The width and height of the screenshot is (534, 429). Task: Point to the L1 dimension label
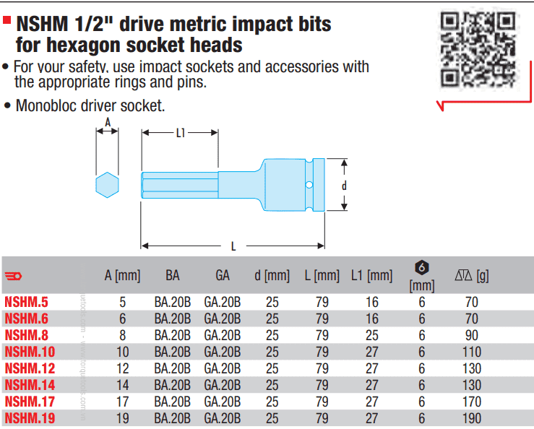point(180,132)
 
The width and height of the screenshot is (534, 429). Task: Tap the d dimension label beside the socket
point(344,186)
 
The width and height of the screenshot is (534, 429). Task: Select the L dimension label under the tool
point(233,247)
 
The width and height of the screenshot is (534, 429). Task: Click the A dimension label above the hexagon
point(108,123)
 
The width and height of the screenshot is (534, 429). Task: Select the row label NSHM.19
point(29,417)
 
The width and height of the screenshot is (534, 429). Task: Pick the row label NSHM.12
point(29,368)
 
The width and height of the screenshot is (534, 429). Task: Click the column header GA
point(222,275)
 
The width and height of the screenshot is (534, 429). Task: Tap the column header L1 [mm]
point(371,275)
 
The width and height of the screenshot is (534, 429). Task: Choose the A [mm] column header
point(122,275)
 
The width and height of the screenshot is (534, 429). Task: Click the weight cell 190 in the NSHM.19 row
point(472,417)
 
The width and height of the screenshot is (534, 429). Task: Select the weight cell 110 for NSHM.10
point(472,352)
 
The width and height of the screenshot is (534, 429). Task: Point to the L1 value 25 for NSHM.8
point(371,335)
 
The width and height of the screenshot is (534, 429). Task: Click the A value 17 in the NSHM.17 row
point(122,401)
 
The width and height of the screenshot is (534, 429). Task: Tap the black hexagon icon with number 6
point(422,267)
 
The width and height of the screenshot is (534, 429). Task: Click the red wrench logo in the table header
point(14,275)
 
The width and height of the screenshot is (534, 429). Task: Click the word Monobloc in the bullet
point(44,105)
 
